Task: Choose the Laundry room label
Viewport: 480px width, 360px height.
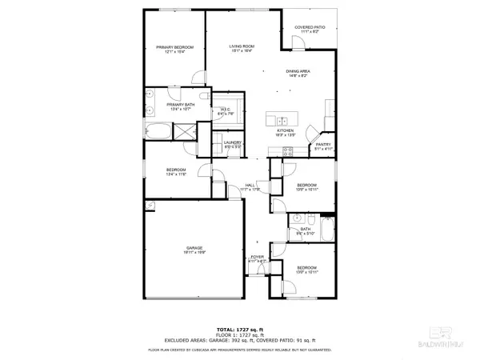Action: [x=232, y=145]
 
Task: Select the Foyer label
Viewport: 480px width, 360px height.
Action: [x=257, y=258]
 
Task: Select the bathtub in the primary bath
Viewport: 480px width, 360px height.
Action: [x=158, y=132]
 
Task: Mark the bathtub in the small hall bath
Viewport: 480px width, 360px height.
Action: [x=327, y=230]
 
